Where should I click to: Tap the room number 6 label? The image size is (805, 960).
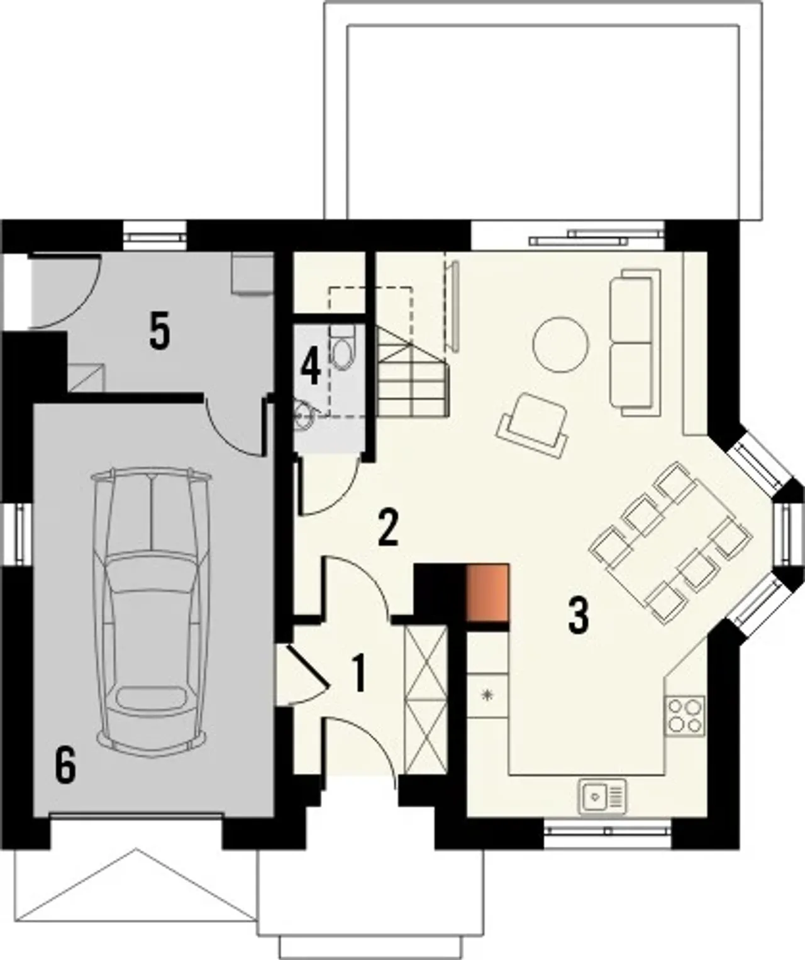(65, 764)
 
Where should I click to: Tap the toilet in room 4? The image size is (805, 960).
(343, 348)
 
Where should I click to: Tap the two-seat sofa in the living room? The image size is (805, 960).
(635, 343)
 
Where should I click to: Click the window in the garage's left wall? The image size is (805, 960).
(19, 533)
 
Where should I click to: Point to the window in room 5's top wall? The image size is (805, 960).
(155, 235)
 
